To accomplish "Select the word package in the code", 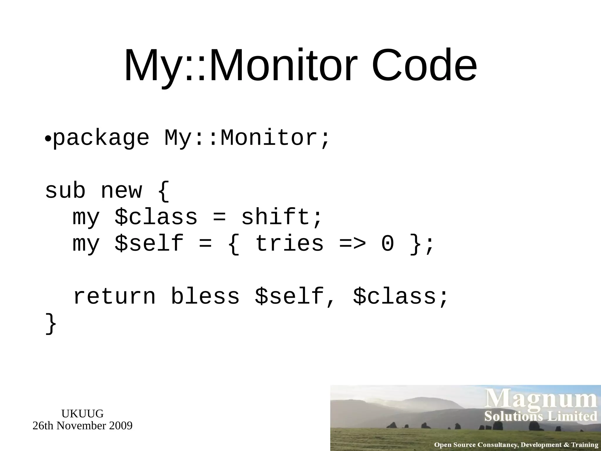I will [101, 138].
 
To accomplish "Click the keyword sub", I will [65, 191].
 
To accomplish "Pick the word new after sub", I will [121, 191].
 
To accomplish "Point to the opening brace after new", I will [163, 191].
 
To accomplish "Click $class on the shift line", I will [156, 217].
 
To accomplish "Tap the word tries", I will [289, 244].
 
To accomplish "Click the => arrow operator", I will [352, 244].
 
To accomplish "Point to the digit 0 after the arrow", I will [387, 244].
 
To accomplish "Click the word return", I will [114, 297].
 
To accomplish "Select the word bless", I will [205, 297].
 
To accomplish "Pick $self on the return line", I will [289, 297].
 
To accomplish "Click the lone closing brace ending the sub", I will [50, 324].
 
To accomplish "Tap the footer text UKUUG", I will [82, 414].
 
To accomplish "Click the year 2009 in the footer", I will [121, 426].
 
